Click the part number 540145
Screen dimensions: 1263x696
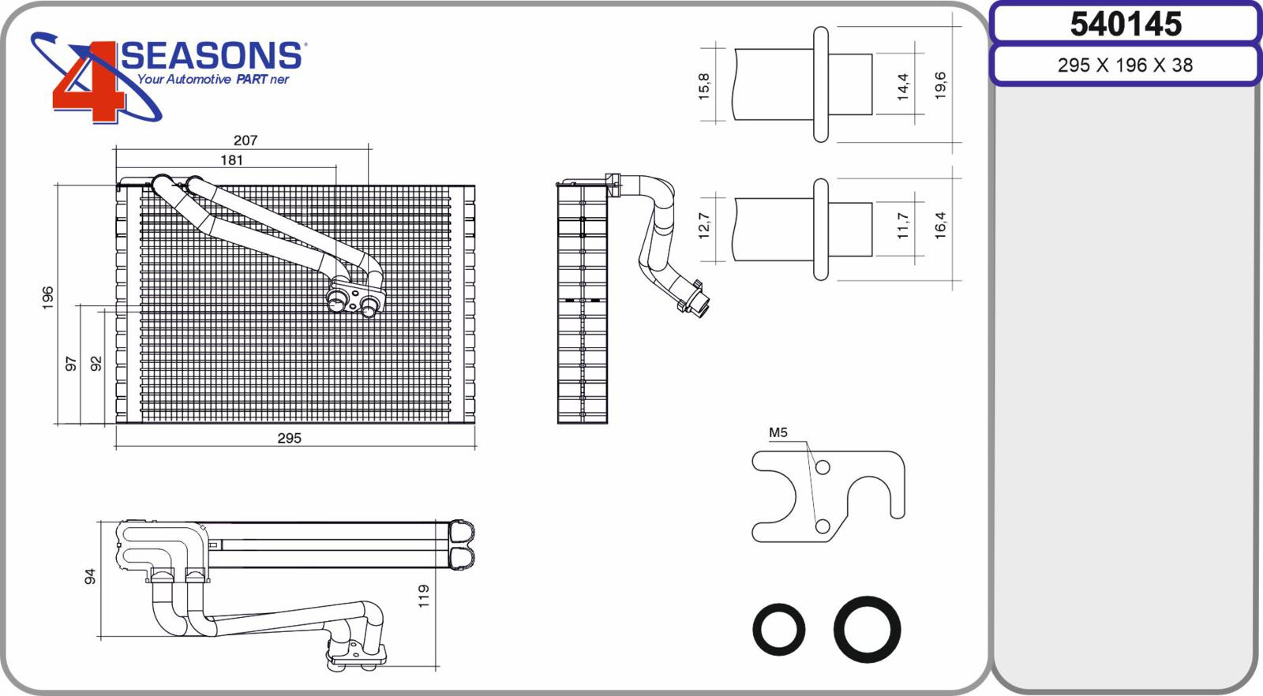[1126, 24]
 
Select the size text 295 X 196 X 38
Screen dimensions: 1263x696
[1125, 65]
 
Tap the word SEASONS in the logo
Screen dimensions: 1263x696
[212, 56]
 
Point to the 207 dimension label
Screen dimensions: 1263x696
[245, 140]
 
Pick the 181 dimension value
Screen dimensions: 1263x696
[231, 161]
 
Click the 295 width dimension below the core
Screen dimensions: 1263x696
[289, 438]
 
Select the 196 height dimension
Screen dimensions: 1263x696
[48, 297]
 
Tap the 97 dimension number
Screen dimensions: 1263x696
[71, 364]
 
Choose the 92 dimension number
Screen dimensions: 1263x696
[96, 364]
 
